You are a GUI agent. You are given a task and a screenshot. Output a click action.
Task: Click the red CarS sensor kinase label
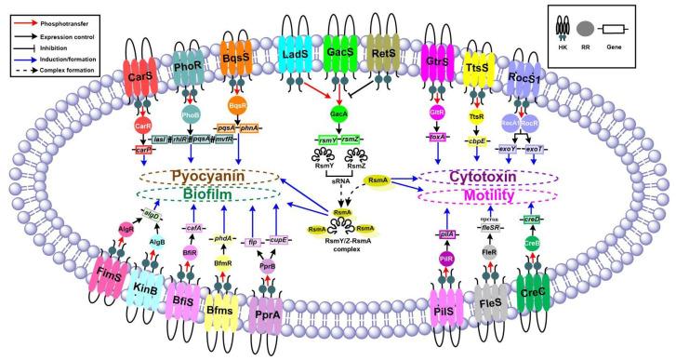click(x=142, y=75)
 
